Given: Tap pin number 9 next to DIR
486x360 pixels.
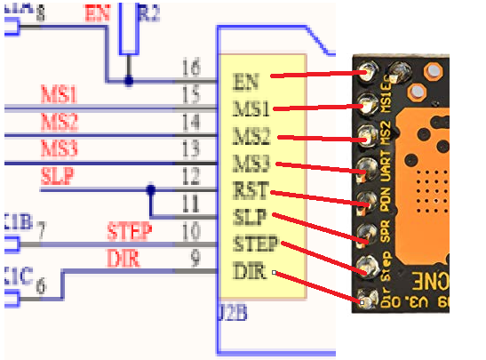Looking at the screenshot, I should point(194,259).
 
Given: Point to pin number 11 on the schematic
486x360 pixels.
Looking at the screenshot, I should point(190,201).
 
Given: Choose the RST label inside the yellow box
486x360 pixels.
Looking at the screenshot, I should point(250,189).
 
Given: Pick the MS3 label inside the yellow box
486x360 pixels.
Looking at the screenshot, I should point(251,163).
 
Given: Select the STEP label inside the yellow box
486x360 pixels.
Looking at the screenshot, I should point(256,243).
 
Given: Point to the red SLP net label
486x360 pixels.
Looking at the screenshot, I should point(58,174).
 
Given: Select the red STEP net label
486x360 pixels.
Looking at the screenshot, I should point(130,232).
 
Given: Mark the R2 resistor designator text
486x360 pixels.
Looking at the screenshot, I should point(151,12).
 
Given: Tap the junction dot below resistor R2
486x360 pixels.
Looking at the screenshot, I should point(129,81).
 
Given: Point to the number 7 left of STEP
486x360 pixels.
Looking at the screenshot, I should point(41,233).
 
